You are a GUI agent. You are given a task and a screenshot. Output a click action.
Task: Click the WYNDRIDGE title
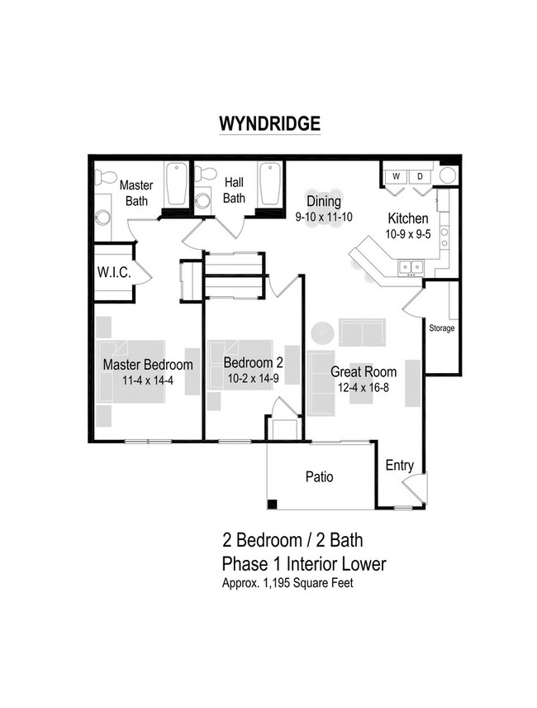pos(268,123)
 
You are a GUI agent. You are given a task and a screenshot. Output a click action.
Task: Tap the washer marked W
pos(396,176)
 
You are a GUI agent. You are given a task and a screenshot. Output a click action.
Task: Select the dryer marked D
pos(419,176)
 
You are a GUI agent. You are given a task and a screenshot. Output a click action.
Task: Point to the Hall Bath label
pos(234,191)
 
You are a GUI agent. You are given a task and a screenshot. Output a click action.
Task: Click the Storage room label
pos(442,328)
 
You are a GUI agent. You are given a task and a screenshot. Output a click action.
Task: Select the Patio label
pos(319,477)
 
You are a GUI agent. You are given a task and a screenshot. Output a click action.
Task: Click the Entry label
pos(400,466)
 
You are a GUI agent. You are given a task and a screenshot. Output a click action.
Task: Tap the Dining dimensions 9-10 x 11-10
pos(324,217)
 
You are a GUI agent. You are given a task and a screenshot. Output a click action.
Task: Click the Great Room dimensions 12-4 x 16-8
pos(364,386)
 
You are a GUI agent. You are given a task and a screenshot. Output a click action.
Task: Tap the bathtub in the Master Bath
pos(176,186)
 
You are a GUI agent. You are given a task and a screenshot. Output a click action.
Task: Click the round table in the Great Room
pos(322,332)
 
